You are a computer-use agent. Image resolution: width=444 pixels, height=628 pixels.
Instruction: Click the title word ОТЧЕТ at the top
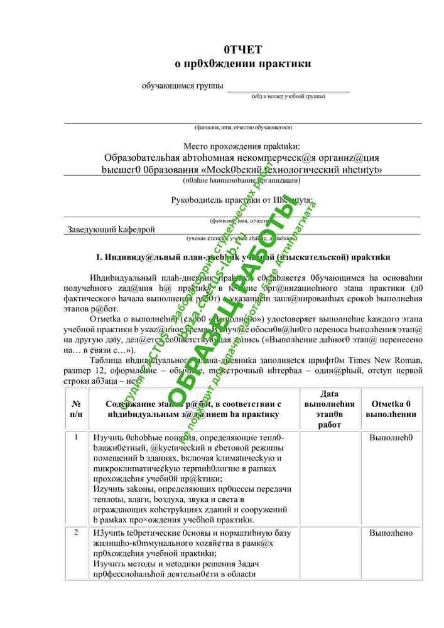pyautogui.click(x=242, y=50)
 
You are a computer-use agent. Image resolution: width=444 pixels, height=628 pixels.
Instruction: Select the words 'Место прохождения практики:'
pyautogui.click(x=242, y=146)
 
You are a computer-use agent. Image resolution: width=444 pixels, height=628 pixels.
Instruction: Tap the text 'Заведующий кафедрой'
pyautogui.click(x=111, y=230)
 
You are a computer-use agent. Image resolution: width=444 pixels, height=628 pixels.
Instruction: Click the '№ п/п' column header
pyautogui.click(x=77, y=409)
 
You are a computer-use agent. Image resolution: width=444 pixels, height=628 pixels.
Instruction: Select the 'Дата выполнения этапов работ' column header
pyautogui.click(x=328, y=409)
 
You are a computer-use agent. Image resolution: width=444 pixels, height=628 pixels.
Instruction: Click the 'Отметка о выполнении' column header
pyautogui.click(x=391, y=409)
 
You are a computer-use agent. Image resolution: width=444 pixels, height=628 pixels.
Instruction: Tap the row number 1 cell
pyautogui.click(x=77, y=436)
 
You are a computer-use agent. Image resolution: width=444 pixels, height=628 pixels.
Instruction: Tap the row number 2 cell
pyautogui.click(x=77, y=533)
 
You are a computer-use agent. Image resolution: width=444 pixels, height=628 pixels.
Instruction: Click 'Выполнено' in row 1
pyautogui.click(x=391, y=436)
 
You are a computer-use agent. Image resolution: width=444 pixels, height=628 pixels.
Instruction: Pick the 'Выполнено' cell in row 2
pyautogui.click(x=391, y=533)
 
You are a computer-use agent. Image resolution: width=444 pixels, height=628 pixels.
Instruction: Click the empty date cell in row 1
pyautogui.click(x=328, y=477)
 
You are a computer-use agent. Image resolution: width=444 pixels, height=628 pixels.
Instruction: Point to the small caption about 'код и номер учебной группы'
pyautogui.click(x=288, y=96)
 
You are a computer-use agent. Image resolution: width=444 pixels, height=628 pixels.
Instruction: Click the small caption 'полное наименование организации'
pyautogui.click(x=242, y=180)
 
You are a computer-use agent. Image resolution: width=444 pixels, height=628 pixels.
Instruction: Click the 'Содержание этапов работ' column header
pyautogui.click(x=193, y=409)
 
